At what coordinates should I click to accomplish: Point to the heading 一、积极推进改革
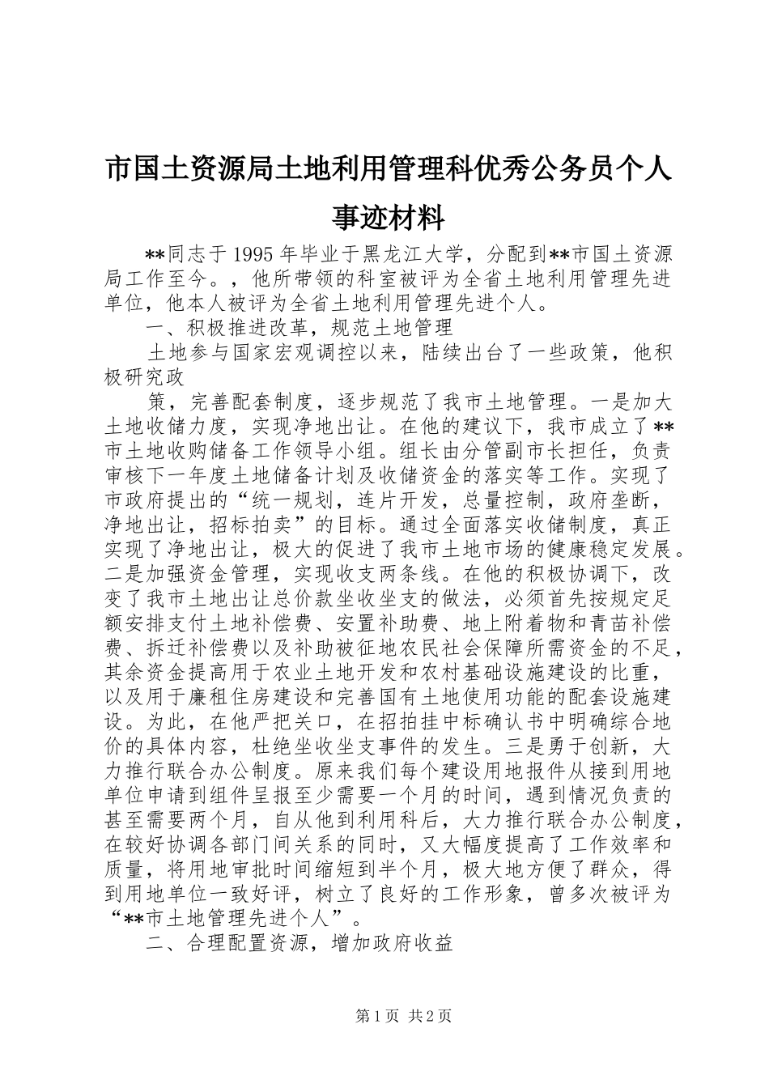225,328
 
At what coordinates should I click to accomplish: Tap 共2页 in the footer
429,1016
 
